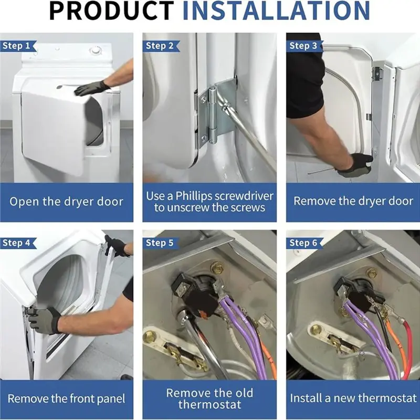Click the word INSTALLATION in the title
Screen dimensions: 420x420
pyautogui.click(x=276, y=10)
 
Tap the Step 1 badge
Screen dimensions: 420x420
pyautogui.click(x=18, y=46)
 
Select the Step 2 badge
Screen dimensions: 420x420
pyautogui.click(x=161, y=46)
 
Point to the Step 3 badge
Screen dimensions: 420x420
pyautogui.click(x=304, y=46)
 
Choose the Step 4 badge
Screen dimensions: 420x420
pyautogui.click(x=18, y=243)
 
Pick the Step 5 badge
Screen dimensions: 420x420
pyautogui.click(x=161, y=243)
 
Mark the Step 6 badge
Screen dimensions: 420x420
pyautogui.click(x=304, y=243)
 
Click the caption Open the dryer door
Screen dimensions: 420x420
pyautogui.click(x=67, y=202)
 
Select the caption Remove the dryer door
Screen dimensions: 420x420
pyautogui.click(x=353, y=201)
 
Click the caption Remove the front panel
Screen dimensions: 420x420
pyautogui.click(x=67, y=398)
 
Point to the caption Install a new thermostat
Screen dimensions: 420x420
pyautogui.click(x=353, y=398)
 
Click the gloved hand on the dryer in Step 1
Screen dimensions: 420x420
pyautogui.click(x=92, y=88)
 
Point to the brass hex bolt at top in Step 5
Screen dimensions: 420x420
pyautogui.click(x=216, y=267)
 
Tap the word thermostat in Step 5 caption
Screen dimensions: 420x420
pyautogui.click(x=209, y=404)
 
